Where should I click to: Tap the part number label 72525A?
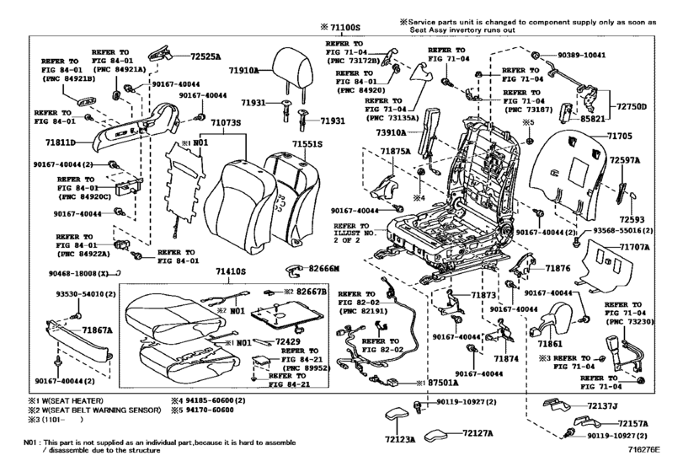click(204, 56)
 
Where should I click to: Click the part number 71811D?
click(61, 142)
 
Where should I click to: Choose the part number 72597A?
click(624, 158)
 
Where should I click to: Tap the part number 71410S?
click(230, 272)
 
